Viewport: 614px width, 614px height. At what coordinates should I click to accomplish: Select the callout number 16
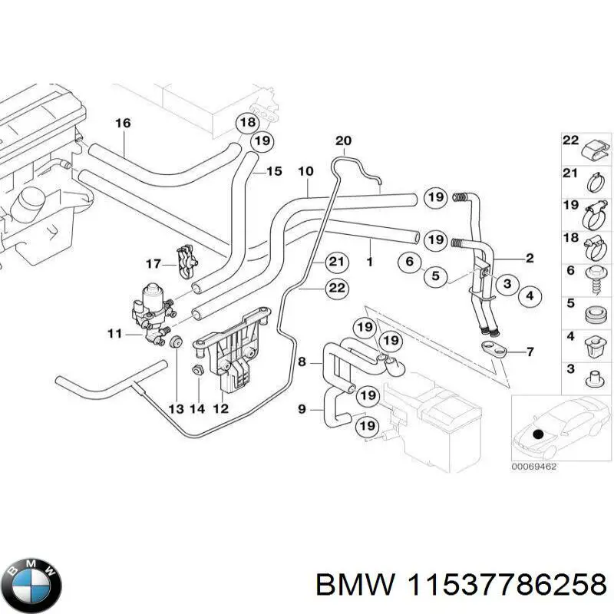123,123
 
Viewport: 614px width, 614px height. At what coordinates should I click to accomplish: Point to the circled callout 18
246,123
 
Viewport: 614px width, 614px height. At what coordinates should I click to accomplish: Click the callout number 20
343,140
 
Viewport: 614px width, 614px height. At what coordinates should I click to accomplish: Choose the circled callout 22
335,289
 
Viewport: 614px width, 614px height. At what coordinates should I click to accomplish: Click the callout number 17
152,264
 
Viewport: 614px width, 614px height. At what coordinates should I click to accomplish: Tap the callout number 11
114,334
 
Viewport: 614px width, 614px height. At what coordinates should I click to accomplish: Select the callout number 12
220,409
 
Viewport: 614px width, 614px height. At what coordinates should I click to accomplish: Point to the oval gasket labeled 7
495,350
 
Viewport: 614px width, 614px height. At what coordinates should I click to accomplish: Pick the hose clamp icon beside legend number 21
595,182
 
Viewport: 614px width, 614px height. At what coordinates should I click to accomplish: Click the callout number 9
302,409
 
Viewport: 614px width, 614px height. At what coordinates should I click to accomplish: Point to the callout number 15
274,171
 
